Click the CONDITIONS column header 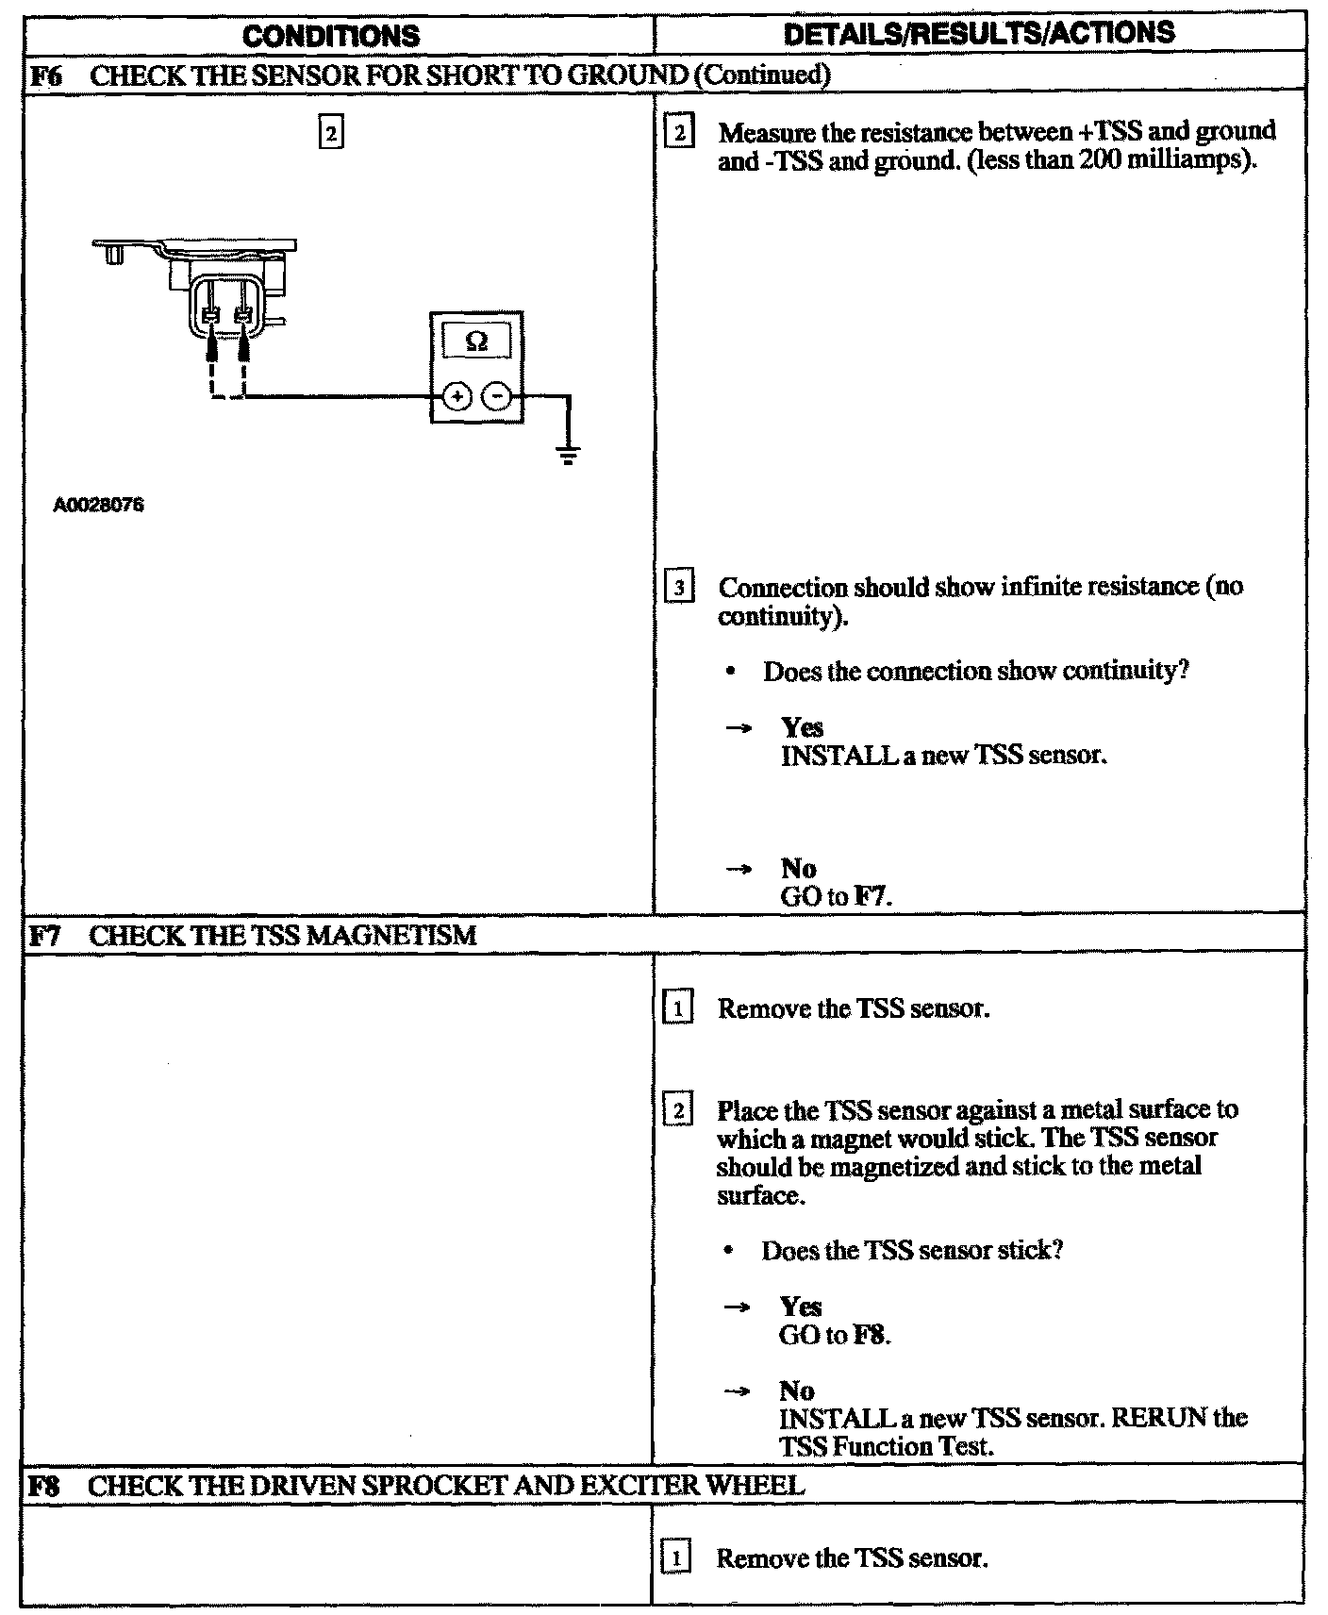pyautogui.click(x=330, y=35)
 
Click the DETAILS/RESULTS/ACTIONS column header pyautogui.click(x=979, y=33)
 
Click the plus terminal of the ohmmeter pyautogui.click(x=456, y=398)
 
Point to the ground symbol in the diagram pyautogui.click(x=568, y=457)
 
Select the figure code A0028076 pyautogui.click(x=98, y=506)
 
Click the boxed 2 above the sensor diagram pyautogui.click(x=330, y=132)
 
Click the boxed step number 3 pyautogui.click(x=679, y=589)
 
